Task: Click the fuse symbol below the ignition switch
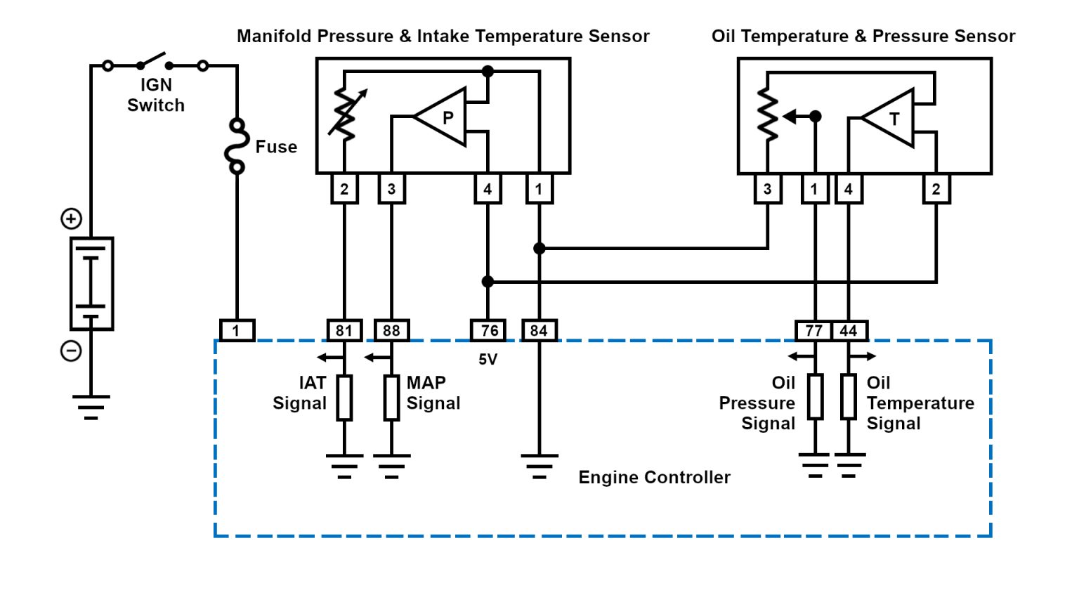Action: (x=237, y=146)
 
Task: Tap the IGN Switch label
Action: (x=156, y=95)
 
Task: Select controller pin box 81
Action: (x=344, y=330)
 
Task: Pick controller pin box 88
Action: (x=391, y=330)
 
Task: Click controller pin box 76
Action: (x=488, y=330)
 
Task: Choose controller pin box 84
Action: (x=539, y=330)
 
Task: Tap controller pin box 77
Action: (x=813, y=330)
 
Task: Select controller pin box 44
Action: (x=849, y=330)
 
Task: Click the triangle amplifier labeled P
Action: (x=443, y=117)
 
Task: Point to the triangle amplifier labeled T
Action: (x=891, y=119)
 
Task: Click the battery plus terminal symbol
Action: (x=71, y=218)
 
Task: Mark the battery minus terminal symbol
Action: (x=71, y=351)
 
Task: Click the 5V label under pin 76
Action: (x=488, y=360)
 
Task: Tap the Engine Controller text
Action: (x=654, y=478)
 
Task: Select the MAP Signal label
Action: (x=433, y=393)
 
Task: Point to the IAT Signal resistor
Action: (x=344, y=398)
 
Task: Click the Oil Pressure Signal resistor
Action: (x=815, y=397)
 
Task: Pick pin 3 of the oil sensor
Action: (x=767, y=189)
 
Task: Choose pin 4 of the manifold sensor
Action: (x=488, y=189)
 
